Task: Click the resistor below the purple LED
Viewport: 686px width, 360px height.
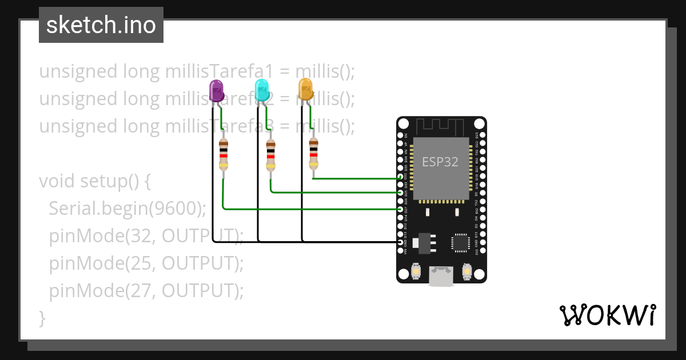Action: click(x=224, y=155)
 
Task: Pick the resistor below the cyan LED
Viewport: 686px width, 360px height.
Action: click(x=270, y=155)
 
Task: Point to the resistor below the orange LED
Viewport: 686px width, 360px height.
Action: click(x=313, y=153)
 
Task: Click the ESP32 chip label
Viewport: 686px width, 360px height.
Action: click(x=440, y=162)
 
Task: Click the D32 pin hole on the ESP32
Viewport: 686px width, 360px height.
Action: click(x=400, y=178)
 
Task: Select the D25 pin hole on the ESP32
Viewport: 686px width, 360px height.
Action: click(x=400, y=193)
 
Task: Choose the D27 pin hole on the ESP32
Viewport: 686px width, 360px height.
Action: click(x=400, y=210)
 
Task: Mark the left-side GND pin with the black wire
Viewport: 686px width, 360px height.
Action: click(x=400, y=242)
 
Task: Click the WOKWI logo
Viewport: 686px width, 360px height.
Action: click(x=607, y=315)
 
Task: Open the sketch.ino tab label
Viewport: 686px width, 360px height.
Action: click(x=101, y=25)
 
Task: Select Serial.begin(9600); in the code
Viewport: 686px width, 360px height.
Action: click(x=127, y=209)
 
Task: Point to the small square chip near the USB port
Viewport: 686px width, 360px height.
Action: click(x=461, y=242)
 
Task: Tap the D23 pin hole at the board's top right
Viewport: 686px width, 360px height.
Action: click(x=482, y=135)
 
